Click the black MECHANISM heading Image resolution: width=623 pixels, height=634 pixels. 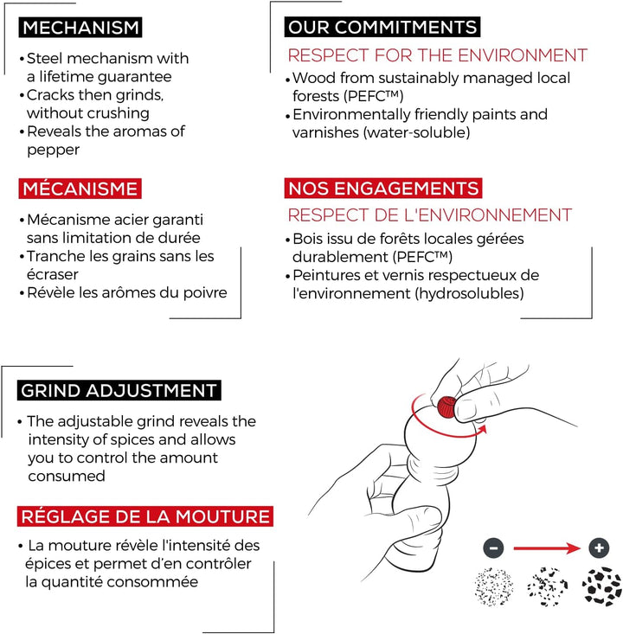[x=80, y=28]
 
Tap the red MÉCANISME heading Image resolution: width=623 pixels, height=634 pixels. [x=80, y=189]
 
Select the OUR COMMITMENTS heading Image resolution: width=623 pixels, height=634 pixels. [x=382, y=27]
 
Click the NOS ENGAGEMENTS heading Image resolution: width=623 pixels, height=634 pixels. [x=383, y=189]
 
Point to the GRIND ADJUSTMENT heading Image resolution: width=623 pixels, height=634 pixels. [x=119, y=391]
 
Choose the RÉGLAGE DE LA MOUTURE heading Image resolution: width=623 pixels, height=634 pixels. [x=145, y=516]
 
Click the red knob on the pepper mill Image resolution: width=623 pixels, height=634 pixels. [x=446, y=407]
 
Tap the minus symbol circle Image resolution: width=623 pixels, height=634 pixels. [x=493, y=548]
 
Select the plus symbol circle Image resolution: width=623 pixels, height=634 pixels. [x=599, y=548]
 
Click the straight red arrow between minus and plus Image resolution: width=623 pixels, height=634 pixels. [x=547, y=548]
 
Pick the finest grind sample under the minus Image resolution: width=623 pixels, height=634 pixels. [x=493, y=586]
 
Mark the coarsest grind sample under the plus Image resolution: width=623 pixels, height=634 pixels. [x=601, y=586]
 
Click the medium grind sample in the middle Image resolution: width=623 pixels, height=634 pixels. [x=548, y=586]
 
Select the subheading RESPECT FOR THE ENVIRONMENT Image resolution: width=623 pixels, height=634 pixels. [x=437, y=55]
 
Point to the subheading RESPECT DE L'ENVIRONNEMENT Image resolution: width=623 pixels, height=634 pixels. [x=430, y=215]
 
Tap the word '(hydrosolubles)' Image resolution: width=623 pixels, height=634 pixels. [x=469, y=293]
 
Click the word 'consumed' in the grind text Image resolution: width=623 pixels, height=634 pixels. [x=67, y=476]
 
